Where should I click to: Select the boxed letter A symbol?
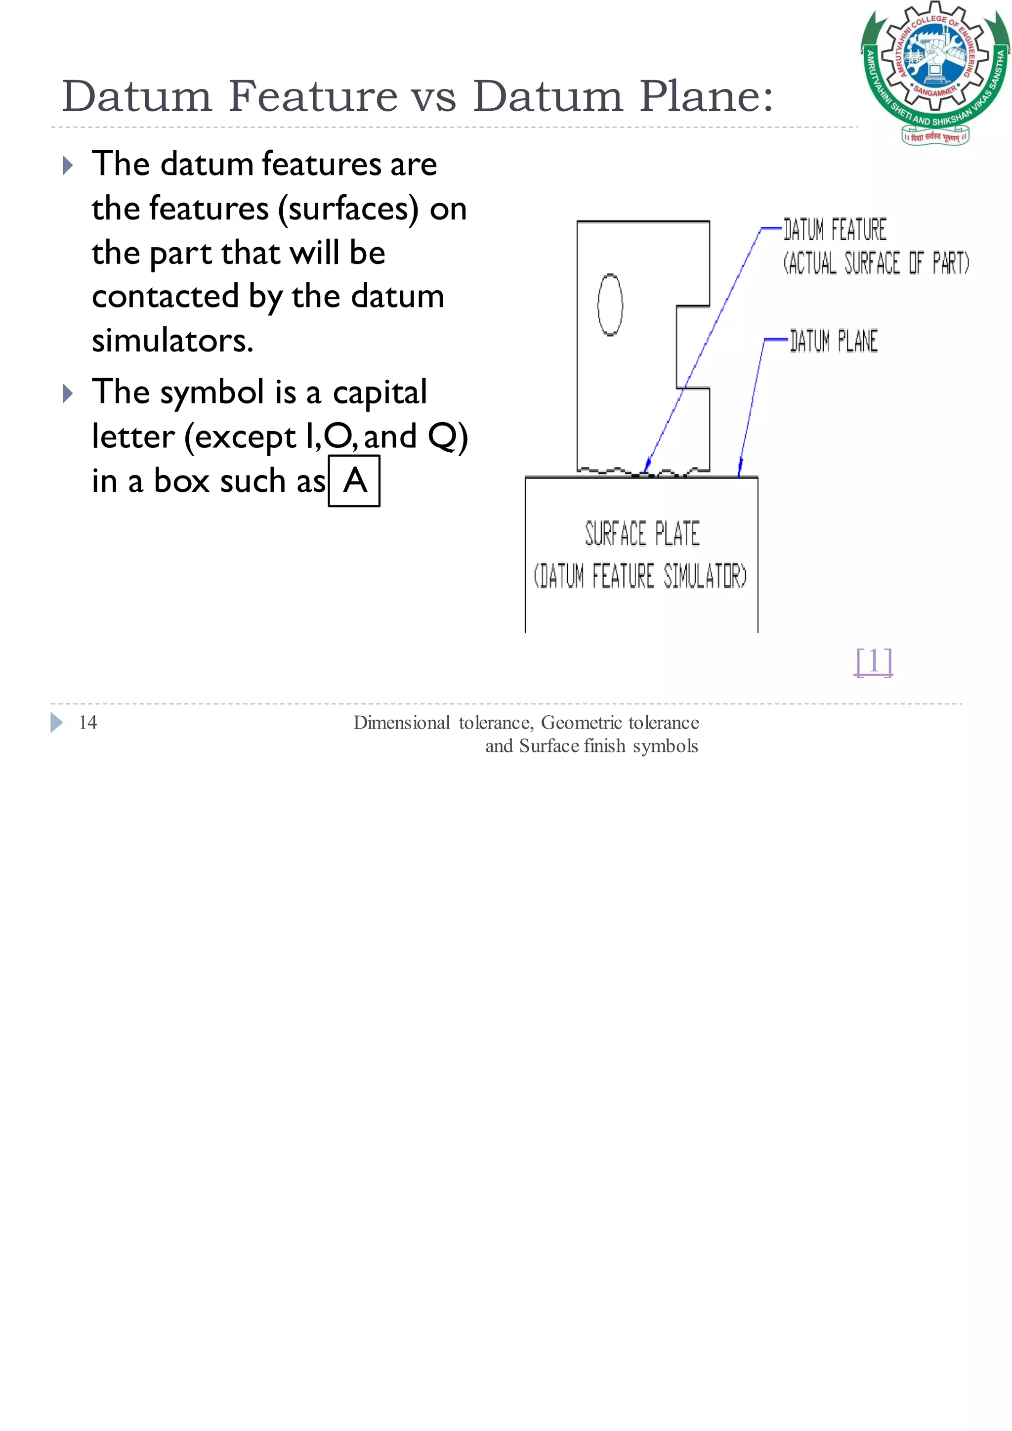click(x=354, y=481)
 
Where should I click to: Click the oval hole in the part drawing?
click(x=610, y=305)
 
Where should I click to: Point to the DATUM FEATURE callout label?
click(x=835, y=230)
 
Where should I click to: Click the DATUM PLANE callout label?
click(x=833, y=341)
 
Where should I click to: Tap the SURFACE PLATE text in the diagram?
click(x=642, y=534)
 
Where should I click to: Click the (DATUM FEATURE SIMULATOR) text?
click(x=640, y=576)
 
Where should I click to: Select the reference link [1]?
click(x=874, y=661)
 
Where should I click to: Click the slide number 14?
click(x=88, y=722)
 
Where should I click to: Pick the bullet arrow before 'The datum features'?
click(x=68, y=165)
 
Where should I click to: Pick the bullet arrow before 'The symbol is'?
click(x=68, y=393)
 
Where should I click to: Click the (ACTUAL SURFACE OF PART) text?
click(x=876, y=263)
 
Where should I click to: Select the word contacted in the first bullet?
click(x=165, y=296)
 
